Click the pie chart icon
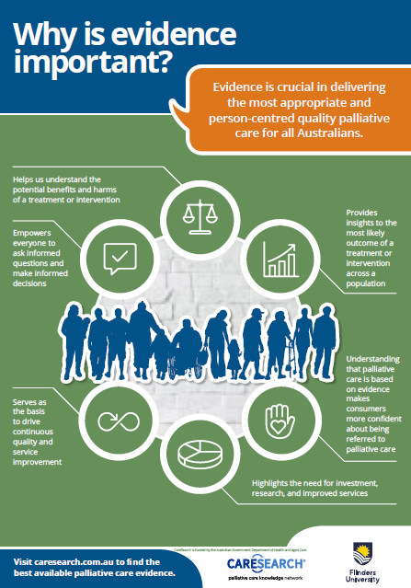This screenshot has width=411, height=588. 201,455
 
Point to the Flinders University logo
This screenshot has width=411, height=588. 363,559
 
